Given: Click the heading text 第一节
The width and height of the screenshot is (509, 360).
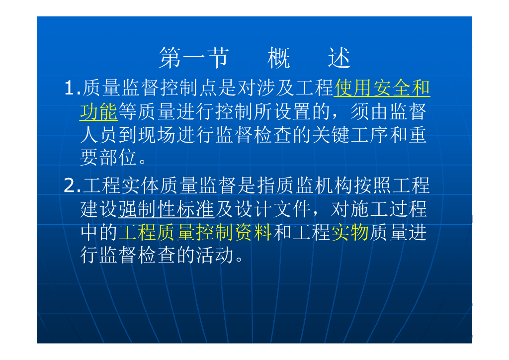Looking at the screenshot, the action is click(x=194, y=58).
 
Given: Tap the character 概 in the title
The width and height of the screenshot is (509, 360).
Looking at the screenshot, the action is click(x=279, y=58).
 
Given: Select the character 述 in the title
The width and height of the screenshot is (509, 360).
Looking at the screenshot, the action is click(x=339, y=58).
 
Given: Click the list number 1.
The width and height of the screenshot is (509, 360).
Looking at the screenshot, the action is click(x=72, y=89).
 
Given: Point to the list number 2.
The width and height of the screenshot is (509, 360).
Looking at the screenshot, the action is click(x=72, y=185).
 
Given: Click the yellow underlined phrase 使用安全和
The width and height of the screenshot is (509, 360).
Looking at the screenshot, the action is click(x=382, y=89).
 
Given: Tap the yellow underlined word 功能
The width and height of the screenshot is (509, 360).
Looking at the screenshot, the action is click(x=99, y=112).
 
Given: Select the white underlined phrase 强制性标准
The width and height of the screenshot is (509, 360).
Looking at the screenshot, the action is click(x=166, y=209).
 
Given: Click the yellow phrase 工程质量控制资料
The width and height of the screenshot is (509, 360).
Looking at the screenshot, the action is click(x=195, y=232).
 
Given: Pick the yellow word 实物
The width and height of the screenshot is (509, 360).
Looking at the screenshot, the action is click(x=350, y=232).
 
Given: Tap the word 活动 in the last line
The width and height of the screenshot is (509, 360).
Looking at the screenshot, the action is click(x=215, y=255).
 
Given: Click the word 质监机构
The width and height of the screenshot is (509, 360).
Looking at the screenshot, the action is click(x=315, y=185).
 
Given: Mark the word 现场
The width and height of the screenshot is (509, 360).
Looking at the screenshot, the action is click(x=157, y=135).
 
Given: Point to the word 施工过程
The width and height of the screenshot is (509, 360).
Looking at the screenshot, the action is click(x=389, y=209).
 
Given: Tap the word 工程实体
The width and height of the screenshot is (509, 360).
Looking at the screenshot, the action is click(x=121, y=185).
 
